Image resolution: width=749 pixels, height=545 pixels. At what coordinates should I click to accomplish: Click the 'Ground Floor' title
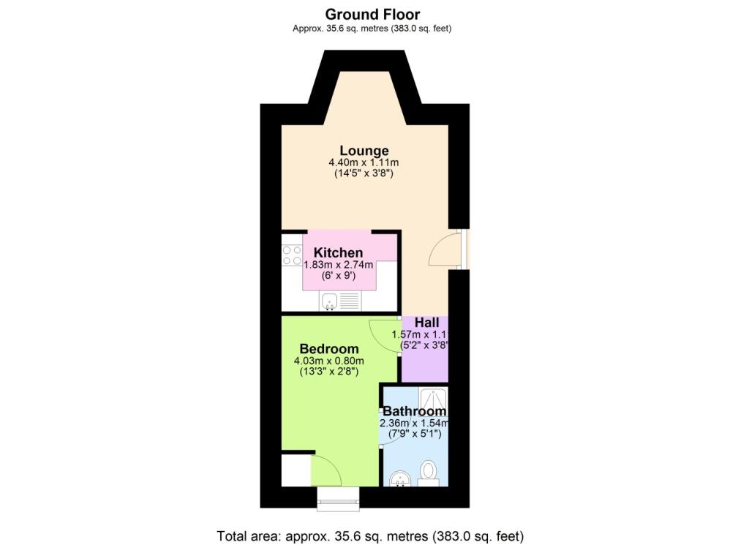tap(372, 14)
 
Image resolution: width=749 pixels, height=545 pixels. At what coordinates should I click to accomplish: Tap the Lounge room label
tap(364, 151)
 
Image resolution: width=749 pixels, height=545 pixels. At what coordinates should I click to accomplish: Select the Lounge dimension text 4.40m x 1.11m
tap(364, 163)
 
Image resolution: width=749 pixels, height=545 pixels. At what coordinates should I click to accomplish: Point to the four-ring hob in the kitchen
tap(293, 255)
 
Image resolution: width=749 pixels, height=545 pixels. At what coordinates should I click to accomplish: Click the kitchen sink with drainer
tap(340, 300)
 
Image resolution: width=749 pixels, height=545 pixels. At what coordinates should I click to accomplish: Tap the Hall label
tap(426, 323)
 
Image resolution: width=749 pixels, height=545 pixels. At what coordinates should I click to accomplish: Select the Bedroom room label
tap(329, 349)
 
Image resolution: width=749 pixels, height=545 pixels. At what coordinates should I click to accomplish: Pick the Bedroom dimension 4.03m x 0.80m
tap(328, 361)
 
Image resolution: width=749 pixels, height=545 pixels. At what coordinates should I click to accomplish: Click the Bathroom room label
tap(414, 411)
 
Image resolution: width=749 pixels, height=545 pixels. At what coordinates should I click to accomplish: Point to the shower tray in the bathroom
tap(432, 397)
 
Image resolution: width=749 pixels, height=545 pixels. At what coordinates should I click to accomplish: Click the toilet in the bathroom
tap(429, 473)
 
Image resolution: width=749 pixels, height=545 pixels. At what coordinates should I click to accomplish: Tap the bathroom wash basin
tap(399, 480)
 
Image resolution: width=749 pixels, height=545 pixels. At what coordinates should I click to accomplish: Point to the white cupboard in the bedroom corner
tap(296, 470)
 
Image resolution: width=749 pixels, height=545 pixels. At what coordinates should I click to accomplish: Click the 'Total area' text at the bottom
tap(370, 535)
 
